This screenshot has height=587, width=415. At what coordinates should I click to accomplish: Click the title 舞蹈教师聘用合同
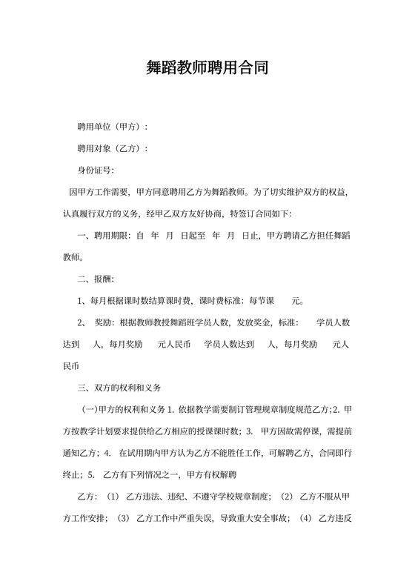pyautogui.click(x=207, y=68)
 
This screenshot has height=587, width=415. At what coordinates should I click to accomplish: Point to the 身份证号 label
pyautogui.click(x=95, y=170)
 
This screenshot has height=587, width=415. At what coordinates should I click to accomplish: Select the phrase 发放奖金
pyautogui.click(x=253, y=323)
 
